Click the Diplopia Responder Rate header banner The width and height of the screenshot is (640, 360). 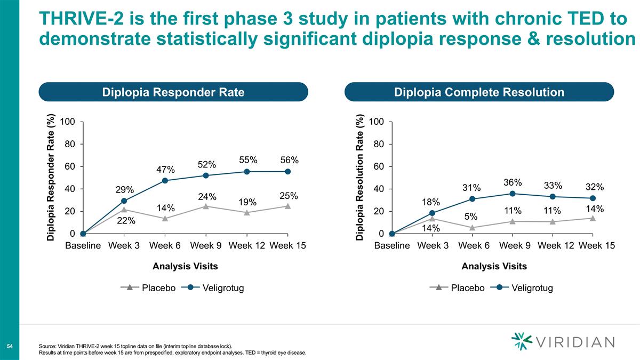(173, 92)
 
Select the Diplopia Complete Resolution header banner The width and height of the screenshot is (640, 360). (479, 92)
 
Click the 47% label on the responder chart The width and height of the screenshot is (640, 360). (165, 170)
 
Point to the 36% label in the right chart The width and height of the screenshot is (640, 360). (512, 182)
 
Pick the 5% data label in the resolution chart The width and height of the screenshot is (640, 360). (470, 217)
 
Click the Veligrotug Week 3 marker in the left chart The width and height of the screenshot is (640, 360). (124, 201)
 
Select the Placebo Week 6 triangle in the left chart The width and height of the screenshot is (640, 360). (165, 218)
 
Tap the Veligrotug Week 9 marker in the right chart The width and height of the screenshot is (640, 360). (512, 194)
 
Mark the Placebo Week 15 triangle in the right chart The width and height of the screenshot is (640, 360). (593, 218)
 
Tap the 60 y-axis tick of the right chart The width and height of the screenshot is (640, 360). (378, 166)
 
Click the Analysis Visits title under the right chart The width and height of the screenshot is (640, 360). (494, 266)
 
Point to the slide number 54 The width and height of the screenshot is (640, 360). (10, 347)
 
